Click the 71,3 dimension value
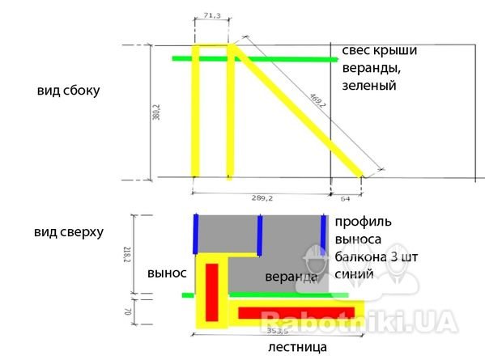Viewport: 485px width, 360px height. pyautogui.click(x=212, y=15)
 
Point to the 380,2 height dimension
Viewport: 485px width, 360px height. pyautogui.click(x=156, y=112)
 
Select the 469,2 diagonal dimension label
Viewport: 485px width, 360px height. pyautogui.click(x=317, y=100)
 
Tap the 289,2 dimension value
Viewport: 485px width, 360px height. pyautogui.click(x=262, y=198)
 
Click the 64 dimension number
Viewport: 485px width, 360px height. pyautogui.click(x=345, y=199)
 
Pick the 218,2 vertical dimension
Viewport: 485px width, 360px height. pyautogui.click(x=127, y=255)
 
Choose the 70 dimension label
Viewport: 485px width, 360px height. pyautogui.click(x=127, y=311)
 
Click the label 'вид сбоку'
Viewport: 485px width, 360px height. pyautogui.click(x=68, y=91)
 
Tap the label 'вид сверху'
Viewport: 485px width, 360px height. pyautogui.click(x=69, y=232)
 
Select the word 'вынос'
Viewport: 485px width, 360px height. pyautogui.click(x=167, y=273)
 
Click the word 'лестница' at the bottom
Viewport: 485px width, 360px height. pyautogui.click(x=297, y=347)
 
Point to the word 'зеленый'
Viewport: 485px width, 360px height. pyautogui.click(x=369, y=85)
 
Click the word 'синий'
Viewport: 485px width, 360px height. pyautogui.click(x=354, y=274)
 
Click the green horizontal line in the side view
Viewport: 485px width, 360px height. pyautogui.click(x=255, y=59)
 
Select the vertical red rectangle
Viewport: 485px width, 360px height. pyautogui.click(x=212, y=292)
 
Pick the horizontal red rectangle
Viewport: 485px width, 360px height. pyautogui.click(x=296, y=313)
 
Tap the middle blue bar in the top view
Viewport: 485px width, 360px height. pyautogui.click(x=260, y=235)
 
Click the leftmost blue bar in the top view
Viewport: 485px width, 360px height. pyautogui.click(x=196, y=234)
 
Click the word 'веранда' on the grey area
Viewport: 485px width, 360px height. pyautogui.click(x=291, y=277)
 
